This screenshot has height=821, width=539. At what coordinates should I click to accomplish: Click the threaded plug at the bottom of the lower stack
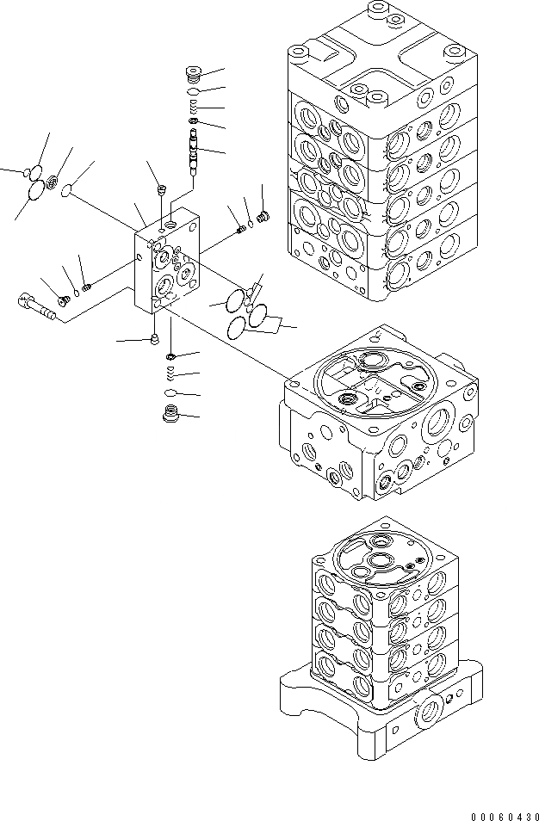[x=171, y=416]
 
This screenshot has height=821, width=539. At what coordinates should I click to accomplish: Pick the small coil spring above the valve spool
[x=195, y=107]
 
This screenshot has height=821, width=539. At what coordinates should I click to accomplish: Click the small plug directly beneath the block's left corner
[x=155, y=338]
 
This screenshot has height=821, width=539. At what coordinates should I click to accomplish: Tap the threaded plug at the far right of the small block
[x=264, y=216]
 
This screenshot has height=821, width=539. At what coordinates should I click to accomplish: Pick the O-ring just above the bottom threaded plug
[x=171, y=393]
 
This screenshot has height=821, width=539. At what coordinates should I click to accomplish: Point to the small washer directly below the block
[x=171, y=356]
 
